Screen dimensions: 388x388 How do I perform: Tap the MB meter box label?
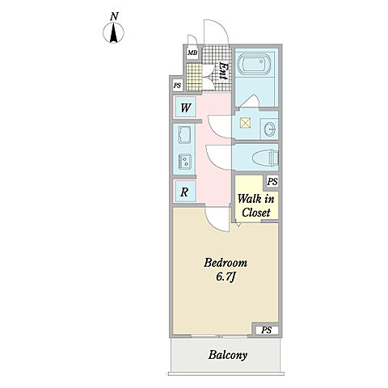click(192, 53)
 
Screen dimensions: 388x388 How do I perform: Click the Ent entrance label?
click(223, 71)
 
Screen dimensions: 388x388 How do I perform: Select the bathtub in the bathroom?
click(255, 65)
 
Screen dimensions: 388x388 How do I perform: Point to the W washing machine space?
click(185, 108)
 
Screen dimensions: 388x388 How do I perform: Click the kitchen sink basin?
click(184, 134)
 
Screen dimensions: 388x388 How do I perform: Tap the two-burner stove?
click(185, 162)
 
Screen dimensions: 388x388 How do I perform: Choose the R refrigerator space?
click(185, 192)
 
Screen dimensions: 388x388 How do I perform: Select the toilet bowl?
click(266, 158)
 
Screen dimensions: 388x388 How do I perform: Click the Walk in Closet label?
click(256, 205)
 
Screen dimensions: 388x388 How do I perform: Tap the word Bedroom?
click(226, 263)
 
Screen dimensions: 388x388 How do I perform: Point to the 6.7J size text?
click(226, 277)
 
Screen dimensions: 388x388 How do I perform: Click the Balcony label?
click(228, 355)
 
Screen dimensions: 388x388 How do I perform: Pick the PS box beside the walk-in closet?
click(272, 182)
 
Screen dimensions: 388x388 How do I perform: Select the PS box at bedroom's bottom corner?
click(267, 330)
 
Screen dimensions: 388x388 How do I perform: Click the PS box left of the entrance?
click(177, 85)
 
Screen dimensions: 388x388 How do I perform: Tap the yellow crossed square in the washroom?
click(246, 124)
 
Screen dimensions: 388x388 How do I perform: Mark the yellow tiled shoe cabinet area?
click(194, 78)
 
